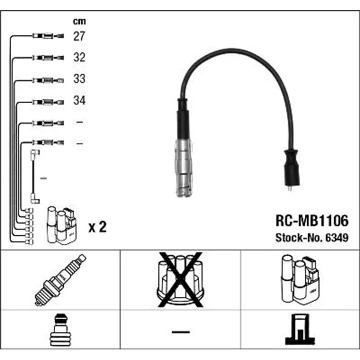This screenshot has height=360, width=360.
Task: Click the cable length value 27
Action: coord(79,36)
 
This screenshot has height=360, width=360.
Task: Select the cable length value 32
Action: coord(79,57)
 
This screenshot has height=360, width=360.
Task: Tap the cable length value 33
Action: coord(79,79)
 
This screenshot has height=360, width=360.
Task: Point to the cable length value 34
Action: coord(79,100)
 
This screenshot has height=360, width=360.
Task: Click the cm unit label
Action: coord(79,21)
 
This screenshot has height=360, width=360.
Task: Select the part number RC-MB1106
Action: coord(312,221)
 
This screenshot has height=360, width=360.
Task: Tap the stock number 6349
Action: coord(337,238)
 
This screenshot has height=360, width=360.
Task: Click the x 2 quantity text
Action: coord(97,227)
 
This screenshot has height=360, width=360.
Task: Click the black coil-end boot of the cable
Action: coord(291,168)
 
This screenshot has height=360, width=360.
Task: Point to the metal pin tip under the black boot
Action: coord(290,188)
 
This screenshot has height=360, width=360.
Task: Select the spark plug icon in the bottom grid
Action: coord(60,280)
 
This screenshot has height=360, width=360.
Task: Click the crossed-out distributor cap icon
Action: coord(180,280)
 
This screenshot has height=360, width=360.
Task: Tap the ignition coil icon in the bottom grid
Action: coord(300,280)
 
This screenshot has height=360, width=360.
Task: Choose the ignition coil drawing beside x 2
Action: coord(61,225)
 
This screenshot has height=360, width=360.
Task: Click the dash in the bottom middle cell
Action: coord(180,332)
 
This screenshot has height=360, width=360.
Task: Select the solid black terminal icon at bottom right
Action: coord(300,329)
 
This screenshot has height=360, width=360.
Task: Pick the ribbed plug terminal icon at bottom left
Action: coord(60,330)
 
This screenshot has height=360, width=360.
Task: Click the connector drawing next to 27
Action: coord(48,36)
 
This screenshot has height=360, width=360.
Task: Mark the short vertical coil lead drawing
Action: coord(35,176)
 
